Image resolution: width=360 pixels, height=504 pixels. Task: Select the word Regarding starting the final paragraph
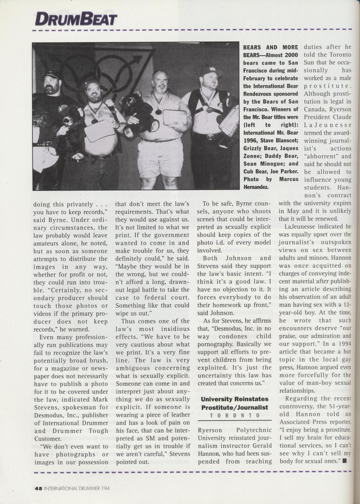(x=301, y=398)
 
